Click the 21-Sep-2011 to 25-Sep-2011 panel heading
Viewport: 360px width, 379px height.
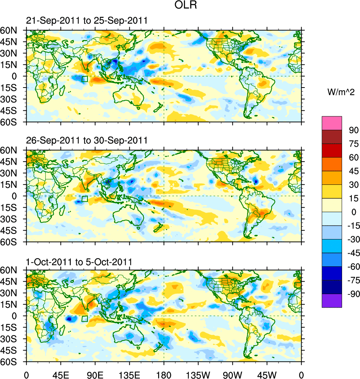[x=87, y=21]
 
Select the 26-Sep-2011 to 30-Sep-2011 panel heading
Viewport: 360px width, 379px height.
[x=87, y=140]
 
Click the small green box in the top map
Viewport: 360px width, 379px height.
[x=84, y=79]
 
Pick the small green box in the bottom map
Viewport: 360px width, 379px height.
[x=84, y=318]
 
